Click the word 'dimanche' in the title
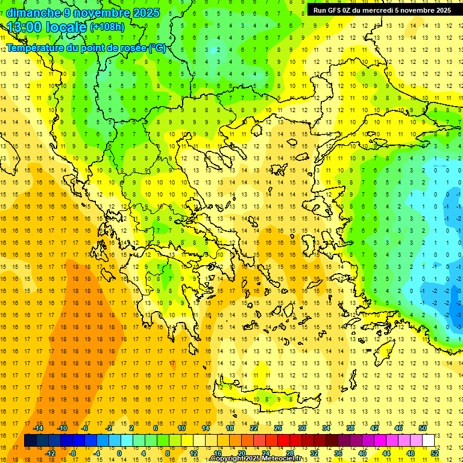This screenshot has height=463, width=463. [33, 13]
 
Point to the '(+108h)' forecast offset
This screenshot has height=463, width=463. [107, 27]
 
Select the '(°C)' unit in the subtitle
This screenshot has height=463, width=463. [157, 48]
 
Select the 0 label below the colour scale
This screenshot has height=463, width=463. [119, 453]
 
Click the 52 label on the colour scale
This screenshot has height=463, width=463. [434, 453]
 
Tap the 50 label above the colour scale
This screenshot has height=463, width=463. [422, 428]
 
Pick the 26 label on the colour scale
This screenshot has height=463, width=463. [278, 428]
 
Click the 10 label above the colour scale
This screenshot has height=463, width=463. [181, 428]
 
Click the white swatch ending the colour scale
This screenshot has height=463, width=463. [428, 440]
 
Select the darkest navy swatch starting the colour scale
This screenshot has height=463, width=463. [31, 440]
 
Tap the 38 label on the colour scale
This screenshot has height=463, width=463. [350, 428]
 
